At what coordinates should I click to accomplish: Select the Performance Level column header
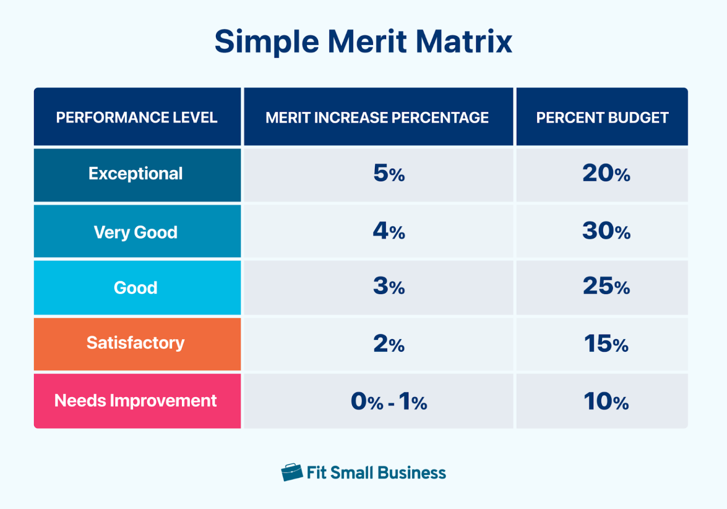[x=137, y=117]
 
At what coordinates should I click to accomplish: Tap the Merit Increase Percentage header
[x=377, y=117]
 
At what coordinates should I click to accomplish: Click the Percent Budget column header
[x=602, y=117]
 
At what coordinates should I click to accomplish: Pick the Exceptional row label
[x=136, y=174]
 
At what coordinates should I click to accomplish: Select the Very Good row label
[x=136, y=232]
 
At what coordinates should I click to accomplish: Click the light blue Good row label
[x=136, y=287]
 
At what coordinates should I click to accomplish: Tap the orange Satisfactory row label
[x=136, y=343]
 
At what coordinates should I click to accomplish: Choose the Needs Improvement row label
[x=136, y=401]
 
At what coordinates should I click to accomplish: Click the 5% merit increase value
[x=389, y=174]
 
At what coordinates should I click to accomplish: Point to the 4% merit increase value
[x=389, y=232]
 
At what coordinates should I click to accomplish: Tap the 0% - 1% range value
[x=389, y=402]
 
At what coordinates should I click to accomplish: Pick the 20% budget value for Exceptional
[x=606, y=174]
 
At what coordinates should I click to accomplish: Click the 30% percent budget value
[x=606, y=232]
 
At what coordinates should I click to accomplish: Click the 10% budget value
[x=606, y=402]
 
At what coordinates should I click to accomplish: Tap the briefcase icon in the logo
[x=292, y=472]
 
